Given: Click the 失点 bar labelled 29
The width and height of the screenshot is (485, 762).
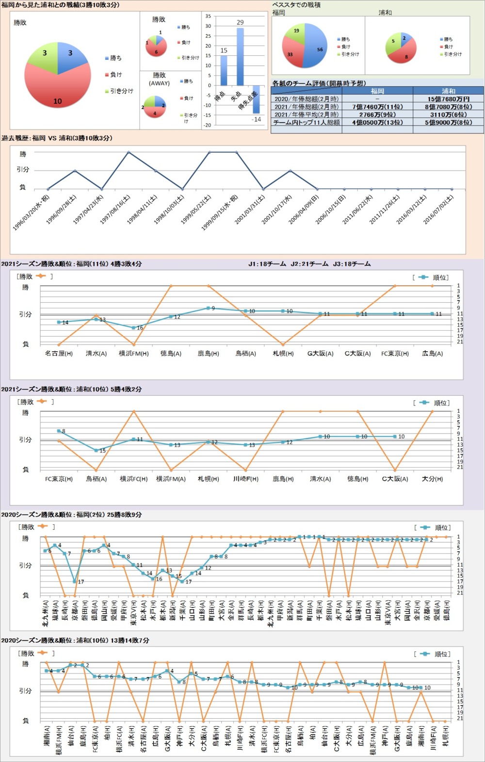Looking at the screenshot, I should coord(240,57).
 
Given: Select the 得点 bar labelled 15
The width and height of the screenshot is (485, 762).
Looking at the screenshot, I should coord(224,70).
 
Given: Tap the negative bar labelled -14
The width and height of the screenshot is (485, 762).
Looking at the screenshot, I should coord(256,99).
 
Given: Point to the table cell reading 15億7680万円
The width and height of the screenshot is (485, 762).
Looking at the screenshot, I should coord(448,99).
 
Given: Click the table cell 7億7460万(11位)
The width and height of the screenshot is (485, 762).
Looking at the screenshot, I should coord(377,107).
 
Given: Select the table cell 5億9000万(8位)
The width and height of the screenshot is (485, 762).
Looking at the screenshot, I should coord(448,123).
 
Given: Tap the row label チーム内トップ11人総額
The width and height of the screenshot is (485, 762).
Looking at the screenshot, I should coord(307,123).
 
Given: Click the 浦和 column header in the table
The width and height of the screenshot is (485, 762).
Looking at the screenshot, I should coord(448,91).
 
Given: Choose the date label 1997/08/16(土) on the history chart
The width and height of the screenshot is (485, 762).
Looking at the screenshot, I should coord(116,209).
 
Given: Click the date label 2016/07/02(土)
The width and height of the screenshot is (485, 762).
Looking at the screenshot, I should coord(438,209).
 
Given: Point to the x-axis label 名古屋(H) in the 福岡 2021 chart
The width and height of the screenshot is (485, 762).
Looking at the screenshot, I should coord(59,354).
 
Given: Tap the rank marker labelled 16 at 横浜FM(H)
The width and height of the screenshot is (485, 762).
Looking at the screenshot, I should coord(134,328).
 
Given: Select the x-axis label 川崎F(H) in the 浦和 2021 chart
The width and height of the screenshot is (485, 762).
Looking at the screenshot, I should coord(246,479).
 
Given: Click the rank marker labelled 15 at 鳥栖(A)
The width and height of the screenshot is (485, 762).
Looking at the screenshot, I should coord(96,450).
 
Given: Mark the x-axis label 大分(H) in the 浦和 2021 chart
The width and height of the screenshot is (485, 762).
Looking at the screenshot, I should coord(432,479).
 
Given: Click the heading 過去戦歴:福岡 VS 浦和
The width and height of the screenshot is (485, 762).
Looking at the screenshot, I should coord(57,138).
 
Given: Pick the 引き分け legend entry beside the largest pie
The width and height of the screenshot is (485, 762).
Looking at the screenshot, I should coord(119,91).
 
